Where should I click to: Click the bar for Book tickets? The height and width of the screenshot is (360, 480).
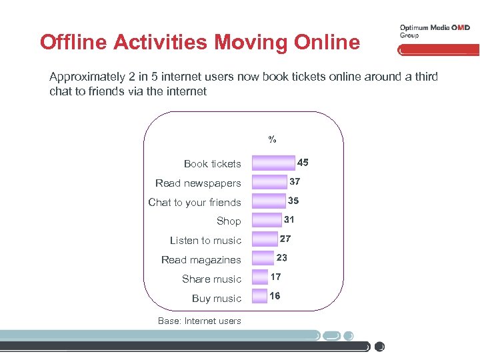[273, 163]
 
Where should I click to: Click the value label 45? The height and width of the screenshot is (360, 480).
[303, 163]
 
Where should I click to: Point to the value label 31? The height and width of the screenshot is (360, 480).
[289, 220]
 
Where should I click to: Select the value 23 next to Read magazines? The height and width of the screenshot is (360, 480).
[281, 257]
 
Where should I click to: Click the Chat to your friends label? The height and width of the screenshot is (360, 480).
[195, 202]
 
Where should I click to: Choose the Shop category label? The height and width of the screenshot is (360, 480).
[229, 221]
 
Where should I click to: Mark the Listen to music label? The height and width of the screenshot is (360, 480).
[205, 241]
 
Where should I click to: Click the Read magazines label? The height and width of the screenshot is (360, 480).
[201, 260]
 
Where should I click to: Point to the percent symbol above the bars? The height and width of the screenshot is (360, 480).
[272, 140]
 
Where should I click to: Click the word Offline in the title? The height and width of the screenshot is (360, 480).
[75, 42]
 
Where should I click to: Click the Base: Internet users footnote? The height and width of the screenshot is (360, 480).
[199, 321]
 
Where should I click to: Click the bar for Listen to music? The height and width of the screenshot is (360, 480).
[265, 240]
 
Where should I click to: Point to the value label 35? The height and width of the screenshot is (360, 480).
[293, 201]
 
